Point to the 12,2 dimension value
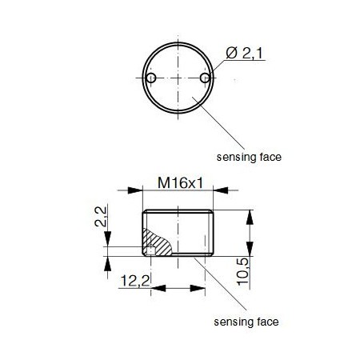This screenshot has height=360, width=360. [x=133, y=281]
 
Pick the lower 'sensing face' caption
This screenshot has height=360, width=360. [x=246, y=322]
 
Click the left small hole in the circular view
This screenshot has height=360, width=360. [x=150, y=78]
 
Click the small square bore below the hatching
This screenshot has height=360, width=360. [x=150, y=253]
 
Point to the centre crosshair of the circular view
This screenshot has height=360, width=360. [x=178, y=78]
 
